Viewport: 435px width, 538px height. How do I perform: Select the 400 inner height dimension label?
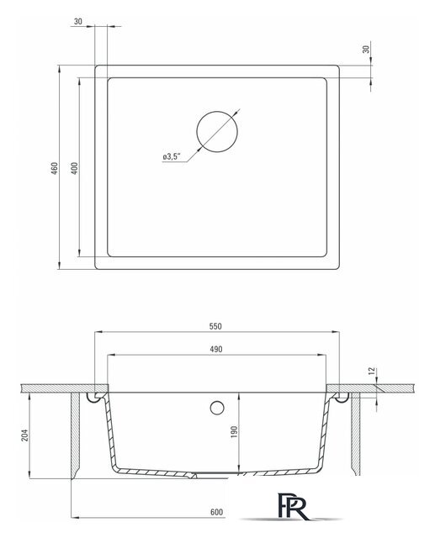[x=74, y=168]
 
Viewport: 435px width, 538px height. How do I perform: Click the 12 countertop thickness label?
[x=371, y=370]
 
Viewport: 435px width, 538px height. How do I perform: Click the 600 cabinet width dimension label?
[x=218, y=512]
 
